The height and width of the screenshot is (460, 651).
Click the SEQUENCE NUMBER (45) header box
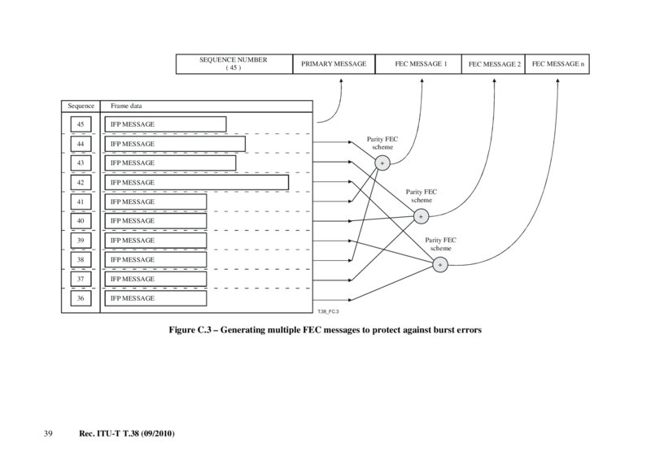234,63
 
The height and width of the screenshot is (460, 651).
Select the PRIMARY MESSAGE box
334,63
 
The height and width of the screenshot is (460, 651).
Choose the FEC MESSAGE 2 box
494,63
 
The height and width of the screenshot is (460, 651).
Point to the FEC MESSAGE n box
557,63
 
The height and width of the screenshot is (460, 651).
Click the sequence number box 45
81,124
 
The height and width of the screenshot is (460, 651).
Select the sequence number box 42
81,182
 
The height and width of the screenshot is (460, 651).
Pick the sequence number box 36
81,298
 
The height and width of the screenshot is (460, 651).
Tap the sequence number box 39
81,241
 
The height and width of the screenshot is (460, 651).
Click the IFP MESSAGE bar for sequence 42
195,182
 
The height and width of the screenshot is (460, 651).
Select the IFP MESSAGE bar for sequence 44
174,144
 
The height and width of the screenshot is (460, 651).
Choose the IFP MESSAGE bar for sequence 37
155,279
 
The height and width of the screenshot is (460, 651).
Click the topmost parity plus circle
382,163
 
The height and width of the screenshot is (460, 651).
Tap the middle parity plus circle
421,216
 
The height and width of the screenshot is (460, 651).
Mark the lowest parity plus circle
440,264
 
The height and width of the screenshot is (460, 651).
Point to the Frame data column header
127,106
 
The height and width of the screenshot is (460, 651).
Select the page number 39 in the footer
48,435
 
